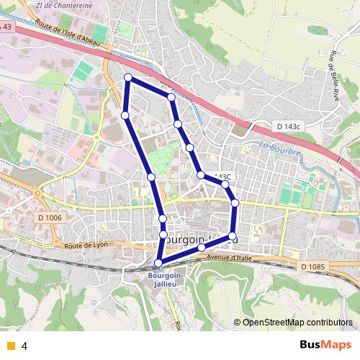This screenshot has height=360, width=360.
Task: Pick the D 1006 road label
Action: tap(50, 218)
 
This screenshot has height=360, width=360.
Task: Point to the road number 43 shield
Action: tap(7, 27)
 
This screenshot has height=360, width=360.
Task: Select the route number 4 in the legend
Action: tap(24, 346)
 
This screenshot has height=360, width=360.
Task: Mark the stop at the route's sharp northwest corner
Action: tap(128, 77)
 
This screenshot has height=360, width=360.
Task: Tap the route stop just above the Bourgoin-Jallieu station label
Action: tap(158, 263)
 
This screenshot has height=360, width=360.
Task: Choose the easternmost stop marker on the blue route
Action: tap(235, 204)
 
